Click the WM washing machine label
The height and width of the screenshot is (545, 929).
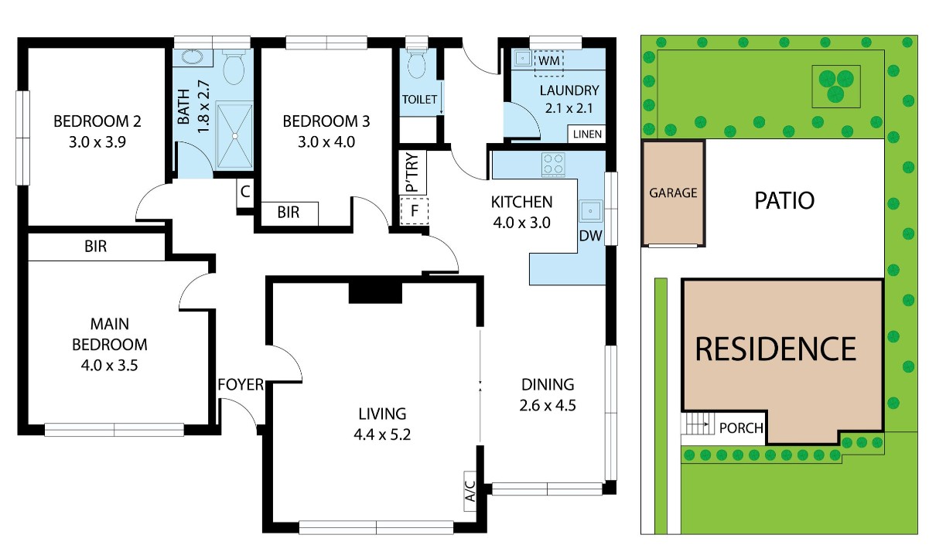tap(549, 60)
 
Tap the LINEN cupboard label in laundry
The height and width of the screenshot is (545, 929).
tap(586, 135)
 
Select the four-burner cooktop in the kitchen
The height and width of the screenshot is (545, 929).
tap(553, 165)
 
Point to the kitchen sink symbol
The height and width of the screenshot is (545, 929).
tap(592, 210)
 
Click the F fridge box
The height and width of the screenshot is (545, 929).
tap(415, 210)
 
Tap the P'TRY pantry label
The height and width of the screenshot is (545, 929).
tap(412, 172)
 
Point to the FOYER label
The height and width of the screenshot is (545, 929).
tap(240, 384)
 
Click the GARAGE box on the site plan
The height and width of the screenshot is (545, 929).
tap(673, 192)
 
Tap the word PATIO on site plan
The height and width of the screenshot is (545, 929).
tap(784, 201)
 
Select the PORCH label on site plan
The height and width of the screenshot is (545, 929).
tap(740, 428)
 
